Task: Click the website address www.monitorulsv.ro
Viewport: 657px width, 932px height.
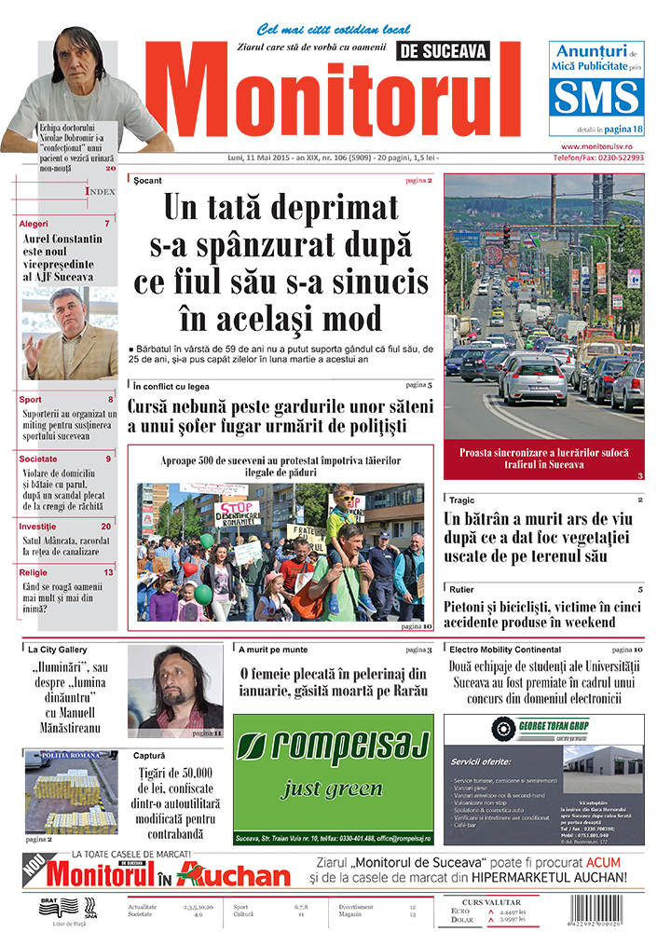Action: coord(604,147)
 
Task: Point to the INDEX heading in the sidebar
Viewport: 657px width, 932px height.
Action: coord(101,191)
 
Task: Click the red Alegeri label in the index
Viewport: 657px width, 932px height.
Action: coord(34,224)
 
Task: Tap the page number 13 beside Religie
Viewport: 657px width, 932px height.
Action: coord(109,572)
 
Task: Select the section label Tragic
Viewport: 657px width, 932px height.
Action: coord(461,500)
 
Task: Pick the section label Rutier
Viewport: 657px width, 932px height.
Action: coord(461,590)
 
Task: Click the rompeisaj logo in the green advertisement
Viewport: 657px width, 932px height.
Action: coord(333,747)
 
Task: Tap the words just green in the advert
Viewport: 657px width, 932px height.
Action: coord(333,788)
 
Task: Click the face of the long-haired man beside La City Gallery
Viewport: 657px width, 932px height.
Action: coord(173,685)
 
